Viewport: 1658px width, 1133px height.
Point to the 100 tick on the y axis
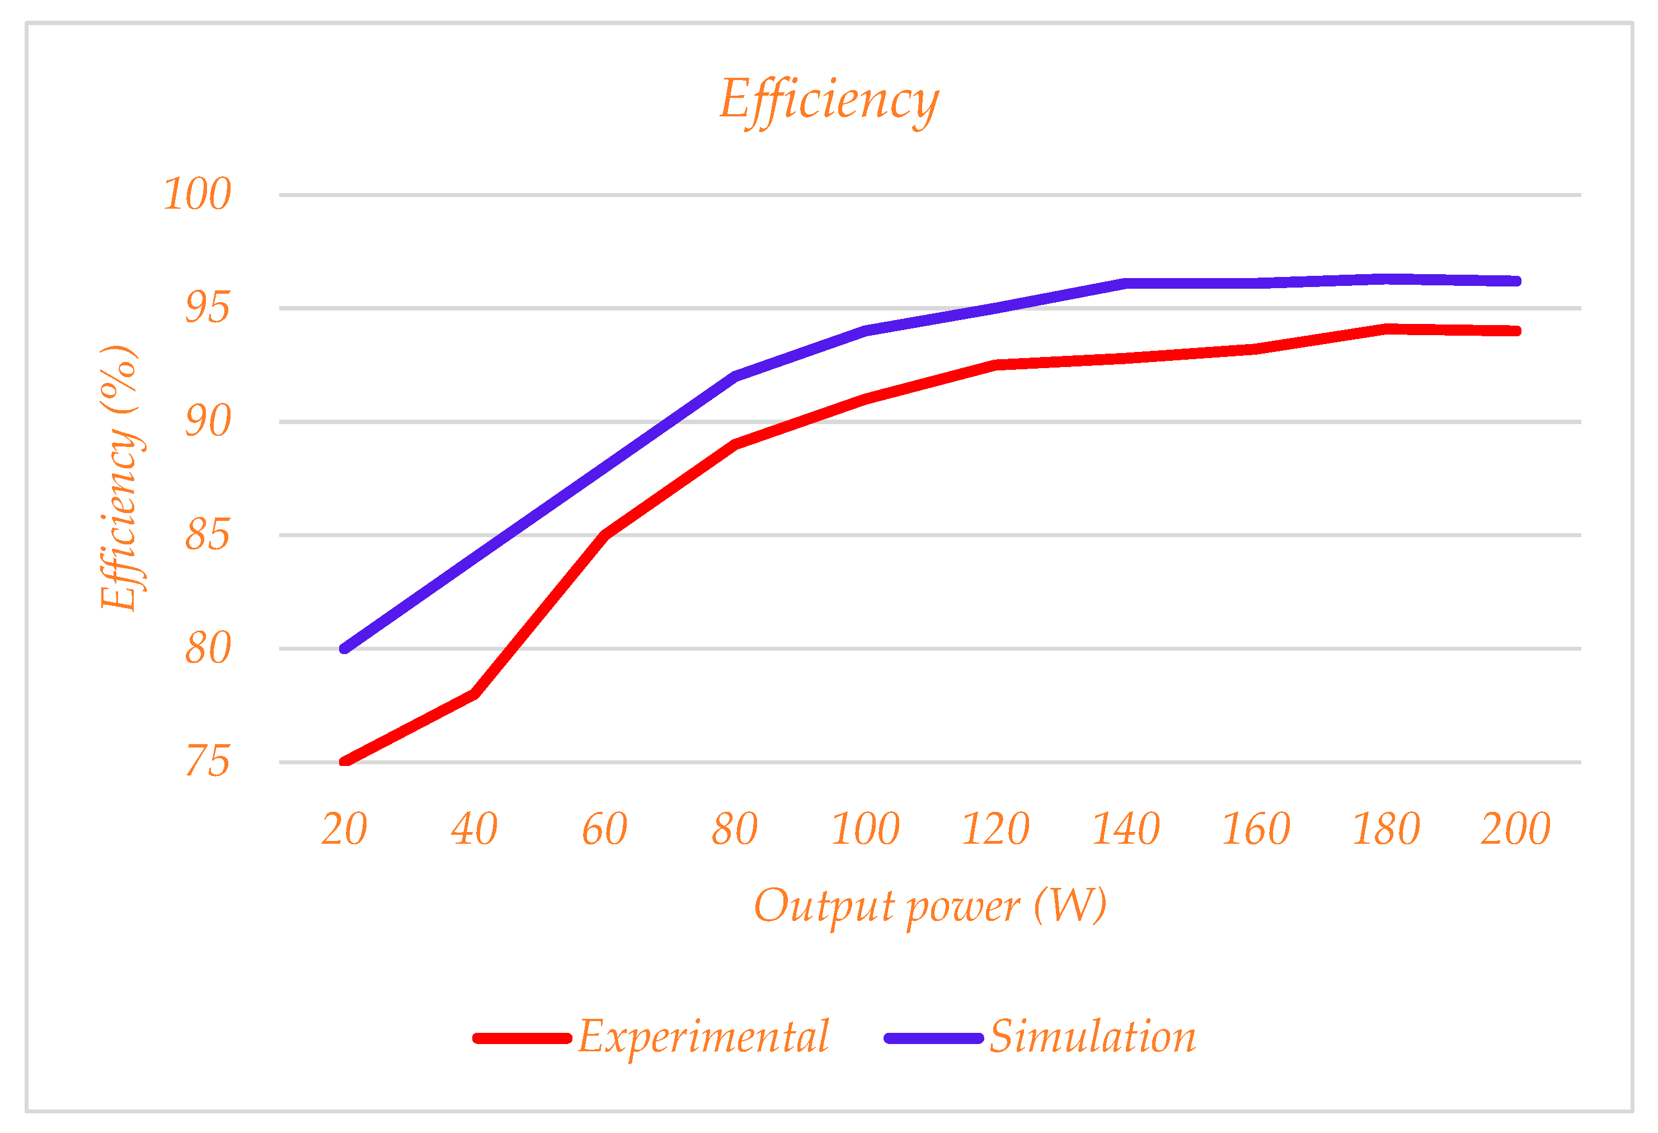coord(197,194)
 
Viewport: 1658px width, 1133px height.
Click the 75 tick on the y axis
coord(208,762)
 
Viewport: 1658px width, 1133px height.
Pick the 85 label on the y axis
coord(208,535)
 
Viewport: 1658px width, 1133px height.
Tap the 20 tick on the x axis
coord(344,829)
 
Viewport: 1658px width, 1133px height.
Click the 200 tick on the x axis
coord(1515,829)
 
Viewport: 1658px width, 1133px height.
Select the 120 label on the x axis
coord(995,829)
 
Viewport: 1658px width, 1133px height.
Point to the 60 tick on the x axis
coord(604,829)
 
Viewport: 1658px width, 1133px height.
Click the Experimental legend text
coord(703,1037)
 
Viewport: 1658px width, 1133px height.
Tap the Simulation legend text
coord(1092,1037)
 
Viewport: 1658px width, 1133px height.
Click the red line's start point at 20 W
coord(345,761)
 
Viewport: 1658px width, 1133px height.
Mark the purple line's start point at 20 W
coord(345,648)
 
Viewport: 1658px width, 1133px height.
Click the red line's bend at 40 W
coord(475,693)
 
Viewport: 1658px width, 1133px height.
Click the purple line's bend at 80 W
coord(735,376)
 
